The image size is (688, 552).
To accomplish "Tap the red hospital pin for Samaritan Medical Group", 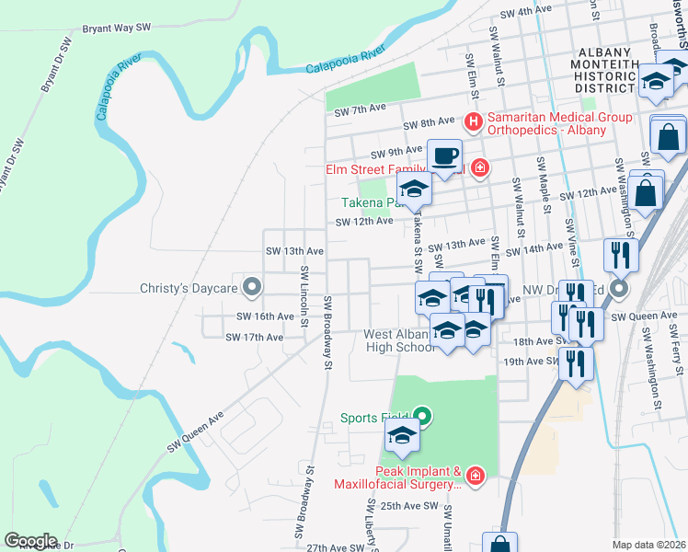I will click(474, 121).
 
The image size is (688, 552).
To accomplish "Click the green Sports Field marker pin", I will click(423, 418).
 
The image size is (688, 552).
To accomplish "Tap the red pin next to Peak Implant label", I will click(475, 476).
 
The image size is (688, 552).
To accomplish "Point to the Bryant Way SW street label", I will click(116, 29).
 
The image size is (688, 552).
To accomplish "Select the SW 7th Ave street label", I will click(359, 111).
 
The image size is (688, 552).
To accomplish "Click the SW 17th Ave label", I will click(255, 338).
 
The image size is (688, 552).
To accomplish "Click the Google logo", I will click(30, 541).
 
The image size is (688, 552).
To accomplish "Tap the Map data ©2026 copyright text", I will click(648, 545).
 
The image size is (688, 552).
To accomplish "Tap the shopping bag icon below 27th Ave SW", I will click(499, 545).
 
